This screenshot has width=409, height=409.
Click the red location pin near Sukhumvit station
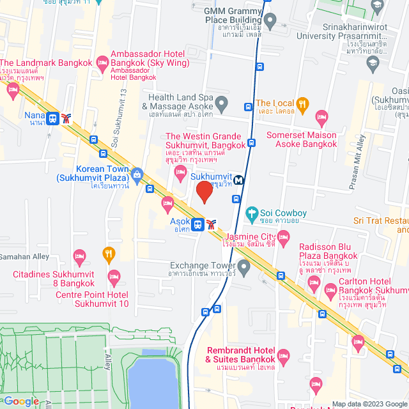coord(204,192)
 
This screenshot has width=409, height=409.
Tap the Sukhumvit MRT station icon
coord(238,180)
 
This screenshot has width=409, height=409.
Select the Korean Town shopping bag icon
coord(136,174)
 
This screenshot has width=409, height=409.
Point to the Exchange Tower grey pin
coord(243,266)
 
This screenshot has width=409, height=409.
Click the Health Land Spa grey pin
coord(221,102)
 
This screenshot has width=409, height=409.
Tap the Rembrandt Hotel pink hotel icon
coord(284,355)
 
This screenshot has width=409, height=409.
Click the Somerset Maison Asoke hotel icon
coord(321,118)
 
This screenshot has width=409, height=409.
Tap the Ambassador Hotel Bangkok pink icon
coord(102,62)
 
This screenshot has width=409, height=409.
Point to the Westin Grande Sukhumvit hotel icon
coord(181,170)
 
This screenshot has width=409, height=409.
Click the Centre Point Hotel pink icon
coord(114,278)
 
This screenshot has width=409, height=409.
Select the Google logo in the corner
coord(20,401)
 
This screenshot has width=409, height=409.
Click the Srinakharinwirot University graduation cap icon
coord(373,63)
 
